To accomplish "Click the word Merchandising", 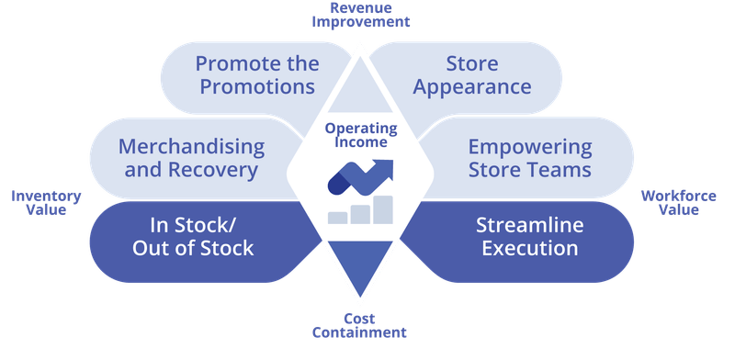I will pos(191,147).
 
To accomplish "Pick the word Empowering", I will pos(529,147).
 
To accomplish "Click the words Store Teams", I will pos(529,170).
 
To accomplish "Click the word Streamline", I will pos(529,225).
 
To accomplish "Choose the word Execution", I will pos(529,248).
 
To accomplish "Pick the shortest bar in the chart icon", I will pos(338,218).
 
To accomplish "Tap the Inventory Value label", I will pos(46,202).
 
